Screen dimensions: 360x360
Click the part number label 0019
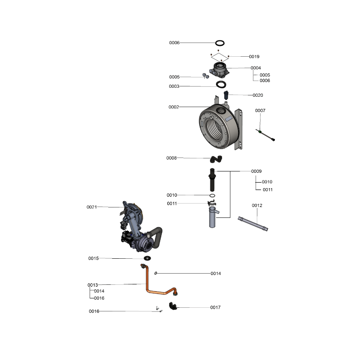tap(254, 57)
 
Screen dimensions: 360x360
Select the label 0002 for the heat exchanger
tap(174, 107)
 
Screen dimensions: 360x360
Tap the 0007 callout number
tap(260, 110)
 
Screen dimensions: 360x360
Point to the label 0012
tap(257, 205)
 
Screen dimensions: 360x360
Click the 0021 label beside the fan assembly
tap(92, 207)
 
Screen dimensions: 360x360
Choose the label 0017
tap(216, 307)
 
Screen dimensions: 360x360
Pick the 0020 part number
tap(258, 95)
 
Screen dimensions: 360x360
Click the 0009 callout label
tap(256, 171)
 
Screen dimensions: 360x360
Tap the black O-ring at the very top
tap(220, 43)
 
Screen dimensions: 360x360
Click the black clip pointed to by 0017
tap(173, 307)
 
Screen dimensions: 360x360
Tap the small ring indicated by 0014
tap(156, 273)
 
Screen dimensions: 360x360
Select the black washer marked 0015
tap(147, 259)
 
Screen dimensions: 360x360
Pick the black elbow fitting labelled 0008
tap(216, 158)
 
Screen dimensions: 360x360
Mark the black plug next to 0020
tap(226, 95)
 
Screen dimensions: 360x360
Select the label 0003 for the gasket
tap(174, 86)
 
